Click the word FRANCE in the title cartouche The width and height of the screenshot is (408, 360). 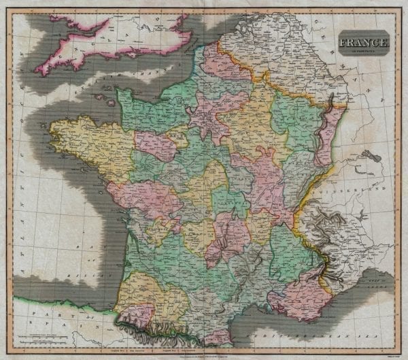click(367, 43)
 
